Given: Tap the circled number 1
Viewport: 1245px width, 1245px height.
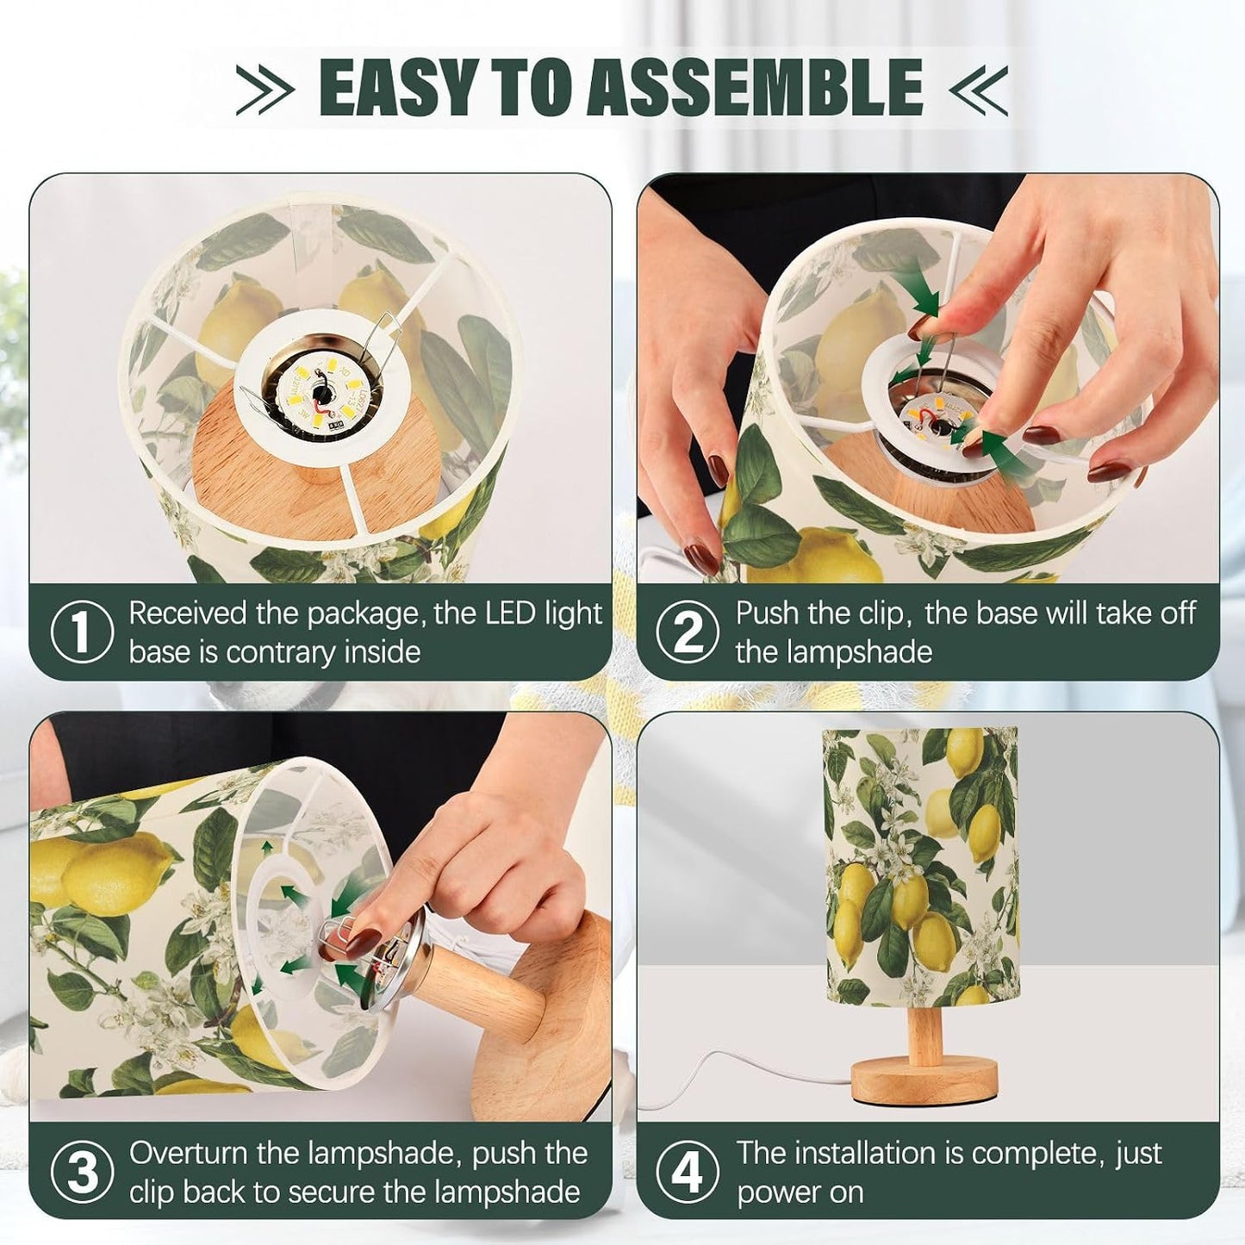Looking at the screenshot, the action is pos(81,632).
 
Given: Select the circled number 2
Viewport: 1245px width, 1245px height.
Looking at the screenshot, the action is pos(688,632).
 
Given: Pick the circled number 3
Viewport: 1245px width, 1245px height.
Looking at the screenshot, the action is pos(81,1171).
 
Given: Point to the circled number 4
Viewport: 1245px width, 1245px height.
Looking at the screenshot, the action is pos(688,1171).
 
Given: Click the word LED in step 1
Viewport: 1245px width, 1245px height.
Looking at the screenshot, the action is pos(497,613).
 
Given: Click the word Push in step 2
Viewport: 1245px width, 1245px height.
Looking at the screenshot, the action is pos(769,613).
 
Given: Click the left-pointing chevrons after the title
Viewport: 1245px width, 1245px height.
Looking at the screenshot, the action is pos(978,90).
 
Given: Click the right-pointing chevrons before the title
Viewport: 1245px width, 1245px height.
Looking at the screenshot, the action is pos(265,90).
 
